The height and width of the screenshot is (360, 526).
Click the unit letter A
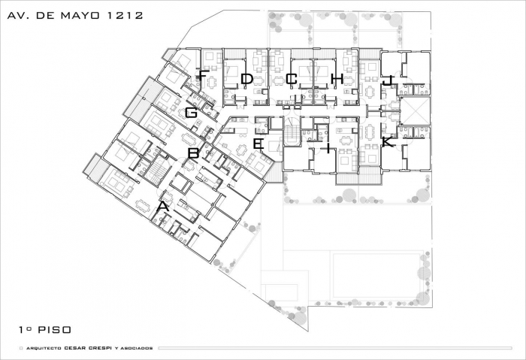(163, 207)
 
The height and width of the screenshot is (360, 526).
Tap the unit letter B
(194, 153)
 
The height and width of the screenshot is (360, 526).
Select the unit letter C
(292, 79)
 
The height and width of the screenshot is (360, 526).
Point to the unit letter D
(246, 79)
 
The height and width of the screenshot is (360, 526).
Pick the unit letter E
(258, 144)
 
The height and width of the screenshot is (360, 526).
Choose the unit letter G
(191, 113)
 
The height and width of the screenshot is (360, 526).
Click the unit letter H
(337, 79)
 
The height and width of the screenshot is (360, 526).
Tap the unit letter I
(328, 147)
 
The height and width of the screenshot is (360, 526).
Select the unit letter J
(388, 80)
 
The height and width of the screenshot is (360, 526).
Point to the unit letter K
(388, 142)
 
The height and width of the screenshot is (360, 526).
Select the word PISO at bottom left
(55, 330)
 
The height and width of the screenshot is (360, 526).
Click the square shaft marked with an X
(416, 111)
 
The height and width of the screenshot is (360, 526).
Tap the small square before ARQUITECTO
(21, 348)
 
